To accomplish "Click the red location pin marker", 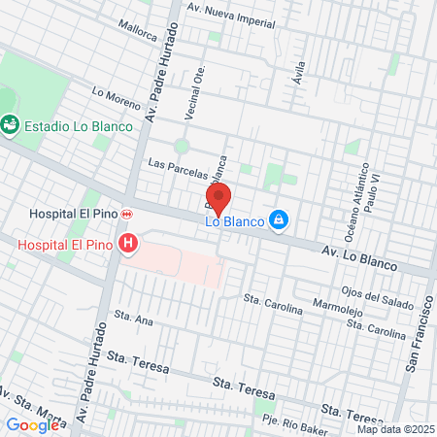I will [218, 198].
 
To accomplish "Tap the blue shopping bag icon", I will [279, 220].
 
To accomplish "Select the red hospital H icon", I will [126, 243].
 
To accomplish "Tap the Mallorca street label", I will [136, 31].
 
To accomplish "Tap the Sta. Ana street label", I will [134, 316].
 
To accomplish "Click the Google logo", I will [32, 424].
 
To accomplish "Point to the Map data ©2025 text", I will [392, 429].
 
